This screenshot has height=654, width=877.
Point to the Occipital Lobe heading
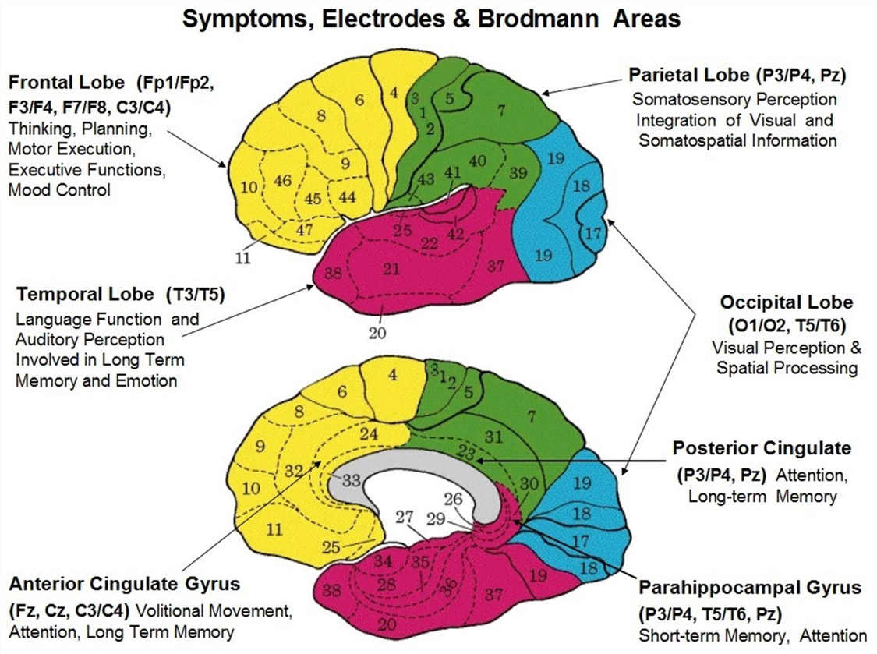[x=787, y=302]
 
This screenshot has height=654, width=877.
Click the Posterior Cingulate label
[x=761, y=449]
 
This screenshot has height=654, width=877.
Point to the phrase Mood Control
[x=59, y=189]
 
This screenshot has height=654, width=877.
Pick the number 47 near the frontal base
[x=304, y=229]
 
